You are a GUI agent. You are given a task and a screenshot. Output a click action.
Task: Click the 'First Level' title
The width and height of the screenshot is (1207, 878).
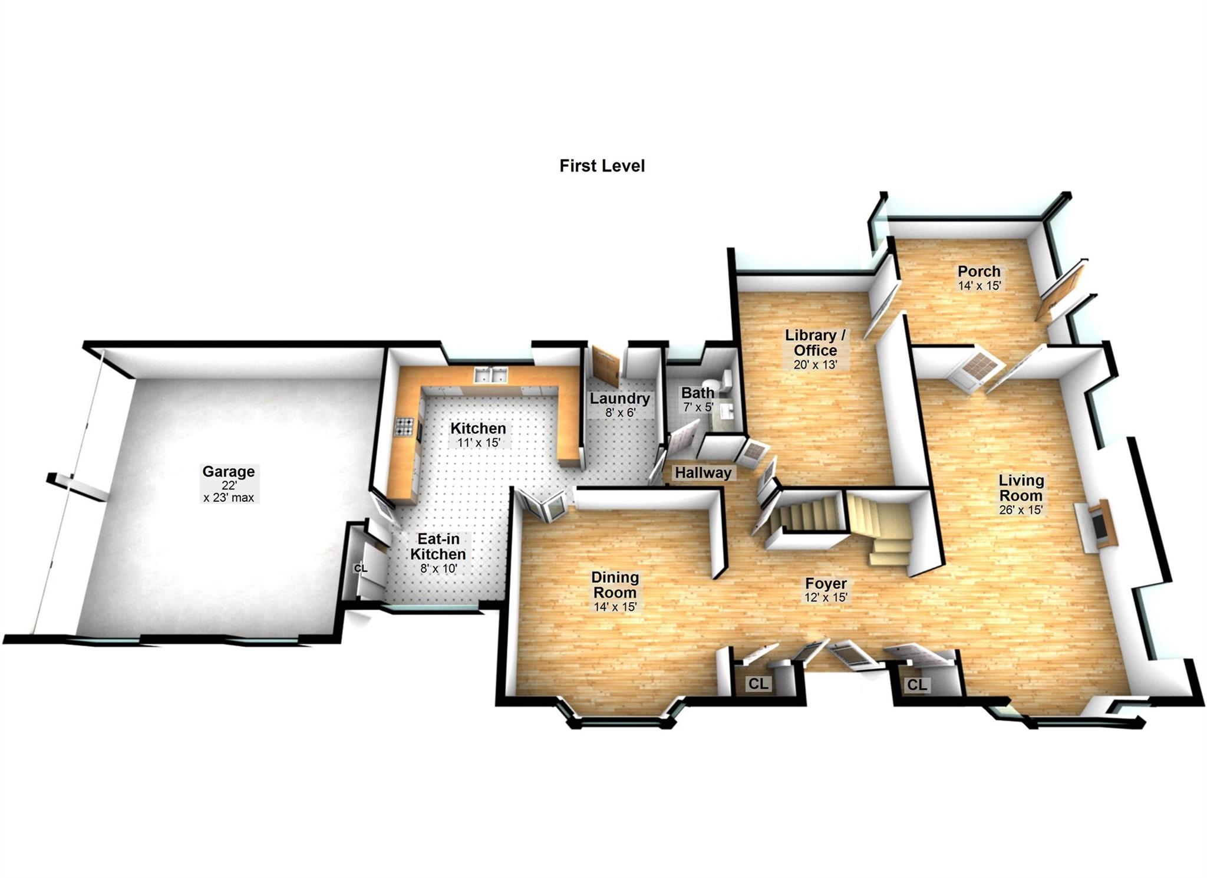click(x=602, y=166)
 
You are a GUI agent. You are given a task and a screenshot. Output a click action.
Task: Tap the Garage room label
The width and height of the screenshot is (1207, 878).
click(x=229, y=472)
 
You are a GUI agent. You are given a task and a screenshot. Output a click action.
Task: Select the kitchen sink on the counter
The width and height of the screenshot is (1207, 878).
click(x=490, y=375)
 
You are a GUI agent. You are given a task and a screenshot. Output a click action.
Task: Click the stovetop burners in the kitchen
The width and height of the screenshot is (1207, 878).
click(x=404, y=426)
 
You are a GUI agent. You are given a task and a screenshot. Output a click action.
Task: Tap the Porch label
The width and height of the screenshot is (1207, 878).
click(x=979, y=271)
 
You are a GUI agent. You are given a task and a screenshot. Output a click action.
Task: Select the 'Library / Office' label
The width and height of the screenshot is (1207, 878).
click(x=815, y=343)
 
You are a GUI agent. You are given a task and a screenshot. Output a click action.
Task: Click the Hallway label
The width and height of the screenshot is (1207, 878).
click(x=703, y=472)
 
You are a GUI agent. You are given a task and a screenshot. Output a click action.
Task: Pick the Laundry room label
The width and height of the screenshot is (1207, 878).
click(x=620, y=399)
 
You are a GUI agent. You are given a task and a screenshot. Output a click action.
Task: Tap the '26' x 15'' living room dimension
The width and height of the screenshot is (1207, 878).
click(x=1021, y=510)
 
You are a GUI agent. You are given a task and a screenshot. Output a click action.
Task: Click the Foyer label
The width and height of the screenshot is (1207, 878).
click(x=826, y=583)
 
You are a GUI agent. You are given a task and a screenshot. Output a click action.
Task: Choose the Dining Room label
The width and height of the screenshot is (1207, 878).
click(x=615, y=585)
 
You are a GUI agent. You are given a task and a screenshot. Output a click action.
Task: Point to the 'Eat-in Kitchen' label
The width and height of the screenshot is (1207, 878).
click(x=438, y=547)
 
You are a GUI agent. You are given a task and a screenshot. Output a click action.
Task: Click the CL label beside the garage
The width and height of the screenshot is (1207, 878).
click(x=360, y=568)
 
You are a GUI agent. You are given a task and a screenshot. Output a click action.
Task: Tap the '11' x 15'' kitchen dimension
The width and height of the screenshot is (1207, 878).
click(x=478, y=442)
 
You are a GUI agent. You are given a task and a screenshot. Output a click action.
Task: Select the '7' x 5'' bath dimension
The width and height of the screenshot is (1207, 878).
click(x=698, y=407)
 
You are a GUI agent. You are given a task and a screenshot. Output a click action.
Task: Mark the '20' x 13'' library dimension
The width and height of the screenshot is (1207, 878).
click(x=815, y=364)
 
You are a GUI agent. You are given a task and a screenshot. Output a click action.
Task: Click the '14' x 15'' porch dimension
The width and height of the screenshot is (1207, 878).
click(x=979, y=285)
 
